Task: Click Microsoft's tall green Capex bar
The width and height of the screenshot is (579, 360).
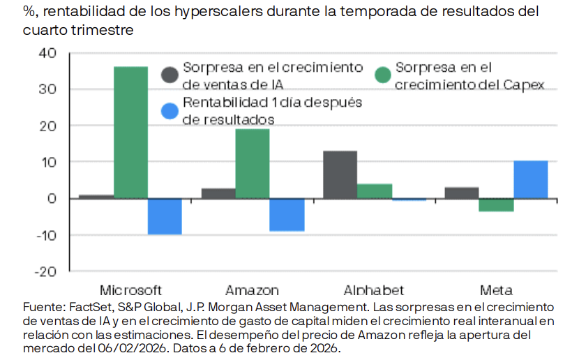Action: point(131,133)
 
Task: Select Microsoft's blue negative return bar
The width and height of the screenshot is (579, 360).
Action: point(165,216)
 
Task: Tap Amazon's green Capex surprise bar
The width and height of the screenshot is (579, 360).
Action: point(253,163)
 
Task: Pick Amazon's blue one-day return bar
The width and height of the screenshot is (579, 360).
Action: point(287,214)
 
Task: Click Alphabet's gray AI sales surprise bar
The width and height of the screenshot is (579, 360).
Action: point(340,174)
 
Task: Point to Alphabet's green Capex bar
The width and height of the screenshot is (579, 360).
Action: point(375,191)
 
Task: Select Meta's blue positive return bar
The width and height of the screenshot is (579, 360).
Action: point(530,179)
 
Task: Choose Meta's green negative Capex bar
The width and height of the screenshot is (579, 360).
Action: point(496,205)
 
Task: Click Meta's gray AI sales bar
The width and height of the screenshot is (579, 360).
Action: point(462,193)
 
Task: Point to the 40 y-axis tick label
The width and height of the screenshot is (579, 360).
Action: point(48,53)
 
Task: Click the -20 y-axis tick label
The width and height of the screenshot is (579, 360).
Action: point(45,271)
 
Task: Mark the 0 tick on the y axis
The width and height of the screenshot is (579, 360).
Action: point(52,198)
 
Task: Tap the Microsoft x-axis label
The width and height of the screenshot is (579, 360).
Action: point(130,290)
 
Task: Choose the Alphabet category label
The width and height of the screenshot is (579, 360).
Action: point(374,290)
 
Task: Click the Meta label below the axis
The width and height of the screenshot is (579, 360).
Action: point(496,290)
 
